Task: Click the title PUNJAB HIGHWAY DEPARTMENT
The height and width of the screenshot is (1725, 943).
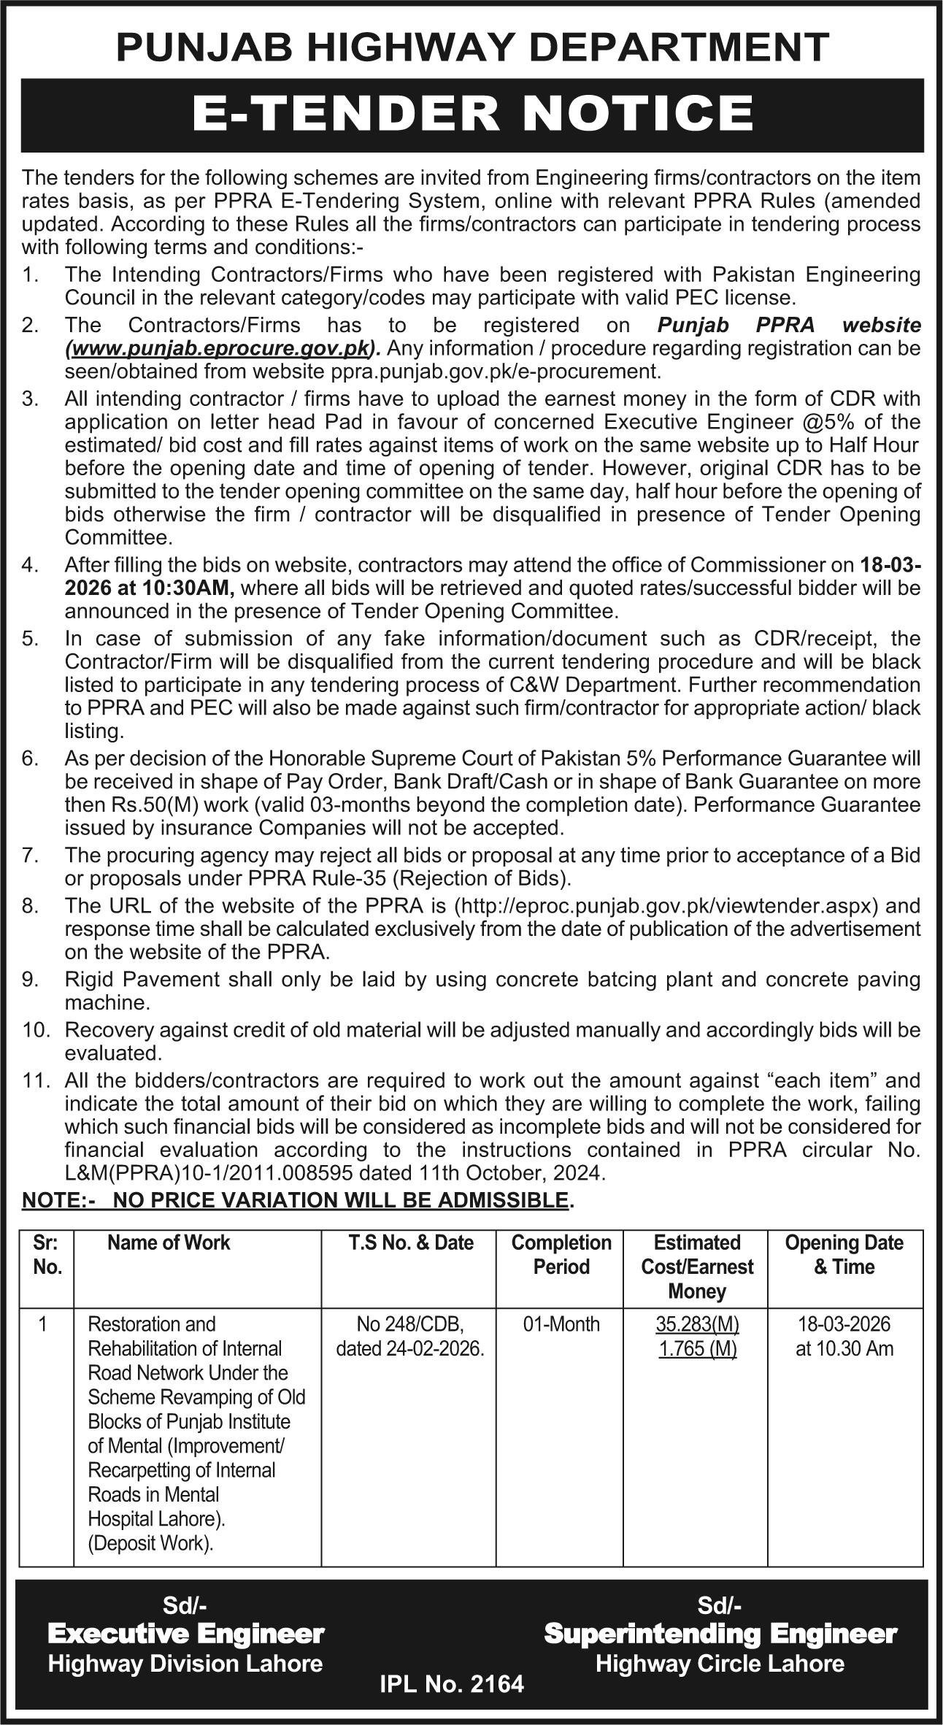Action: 472,48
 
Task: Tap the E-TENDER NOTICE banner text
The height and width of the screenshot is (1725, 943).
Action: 472,114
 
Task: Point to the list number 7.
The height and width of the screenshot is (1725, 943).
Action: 29,855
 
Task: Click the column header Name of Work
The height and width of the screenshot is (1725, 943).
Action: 169,1242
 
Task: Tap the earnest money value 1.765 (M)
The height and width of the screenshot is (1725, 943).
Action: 697,1348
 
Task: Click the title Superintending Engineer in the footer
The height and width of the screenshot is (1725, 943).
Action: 720,1634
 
